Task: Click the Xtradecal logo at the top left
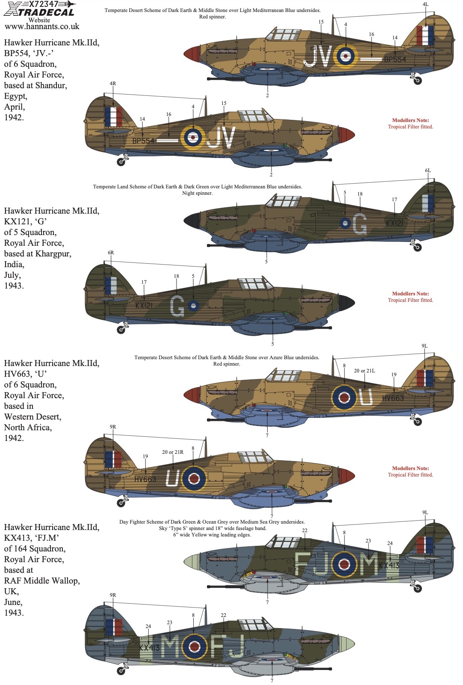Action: click(39, 9)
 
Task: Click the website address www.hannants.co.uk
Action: click(42, 27)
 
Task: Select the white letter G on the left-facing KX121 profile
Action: click(360, 224)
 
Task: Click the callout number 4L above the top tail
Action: click(425, 4)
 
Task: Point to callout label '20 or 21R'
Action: click(173, 452)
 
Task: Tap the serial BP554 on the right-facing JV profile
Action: click(144, 141)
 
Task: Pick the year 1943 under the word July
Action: click(14, 286)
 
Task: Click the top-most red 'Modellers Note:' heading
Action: click(410, 120)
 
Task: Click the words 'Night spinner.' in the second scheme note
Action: click(197, 193)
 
